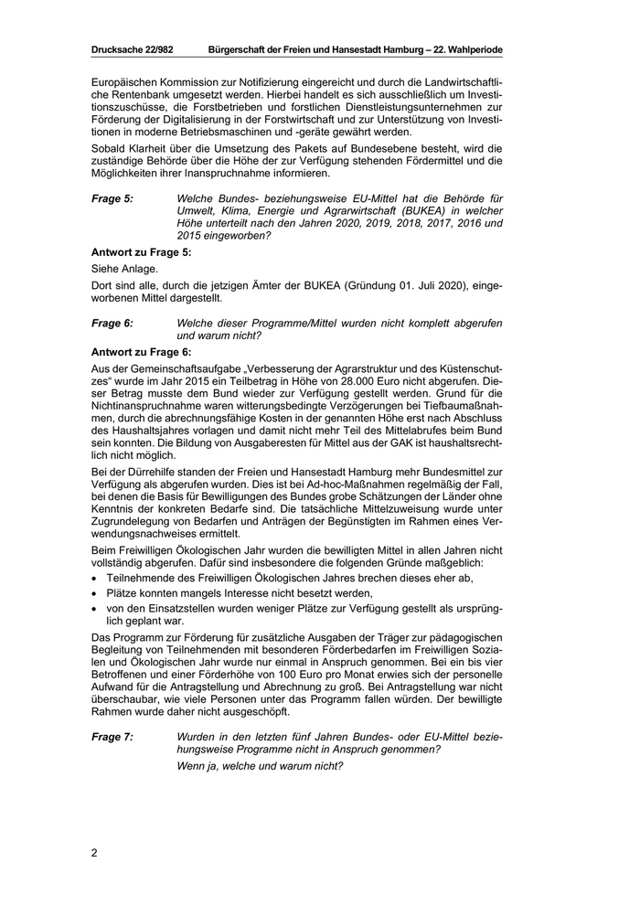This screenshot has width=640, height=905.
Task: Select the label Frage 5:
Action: point(112,197)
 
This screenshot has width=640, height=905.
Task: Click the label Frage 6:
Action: point(112,324)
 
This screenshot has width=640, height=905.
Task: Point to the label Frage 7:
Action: point(112,736)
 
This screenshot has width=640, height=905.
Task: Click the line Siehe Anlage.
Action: point(123,271)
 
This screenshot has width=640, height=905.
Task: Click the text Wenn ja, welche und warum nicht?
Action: point(259,765)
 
